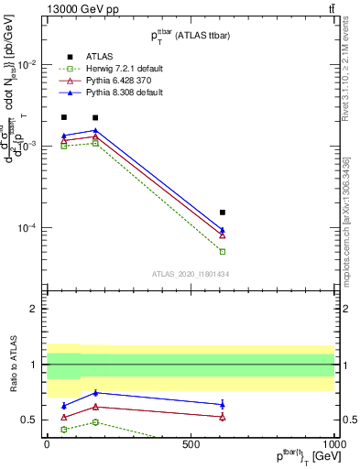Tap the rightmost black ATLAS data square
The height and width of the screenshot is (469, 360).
pyautogui.click(x=223, y=213)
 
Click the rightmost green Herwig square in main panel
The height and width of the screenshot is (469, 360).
pyautogui.click(x=223, y=251)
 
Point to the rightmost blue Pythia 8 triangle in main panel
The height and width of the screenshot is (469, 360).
pyautogui.click(x=223, y=230)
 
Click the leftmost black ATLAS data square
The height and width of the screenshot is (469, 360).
pyautogui.click(x=64, y=117)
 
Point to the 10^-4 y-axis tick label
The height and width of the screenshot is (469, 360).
pyautogui.click(x=26, y=228)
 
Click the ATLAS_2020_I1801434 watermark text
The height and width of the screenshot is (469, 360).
pyautogui.click(x=190, y=274)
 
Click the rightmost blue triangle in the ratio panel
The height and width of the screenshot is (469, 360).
pyautogui.click(x=223, y=404)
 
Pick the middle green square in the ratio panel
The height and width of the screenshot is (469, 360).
pyautogui.click(x=95, y=422)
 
